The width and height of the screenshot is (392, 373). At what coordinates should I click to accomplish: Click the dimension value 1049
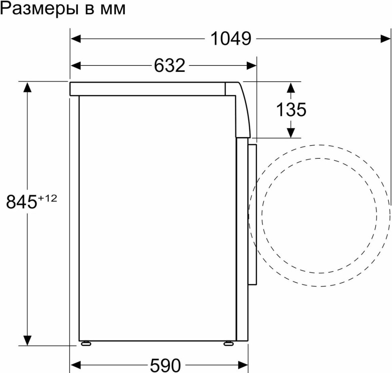coord(231,39)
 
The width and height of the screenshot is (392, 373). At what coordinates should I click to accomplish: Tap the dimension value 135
coord(291,109)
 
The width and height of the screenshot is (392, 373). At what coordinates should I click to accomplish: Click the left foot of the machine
coord(86,344)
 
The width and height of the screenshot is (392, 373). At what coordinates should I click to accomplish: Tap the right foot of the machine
coord(228,344)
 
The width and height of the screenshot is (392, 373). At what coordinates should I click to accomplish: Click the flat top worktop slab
coord(148,89)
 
